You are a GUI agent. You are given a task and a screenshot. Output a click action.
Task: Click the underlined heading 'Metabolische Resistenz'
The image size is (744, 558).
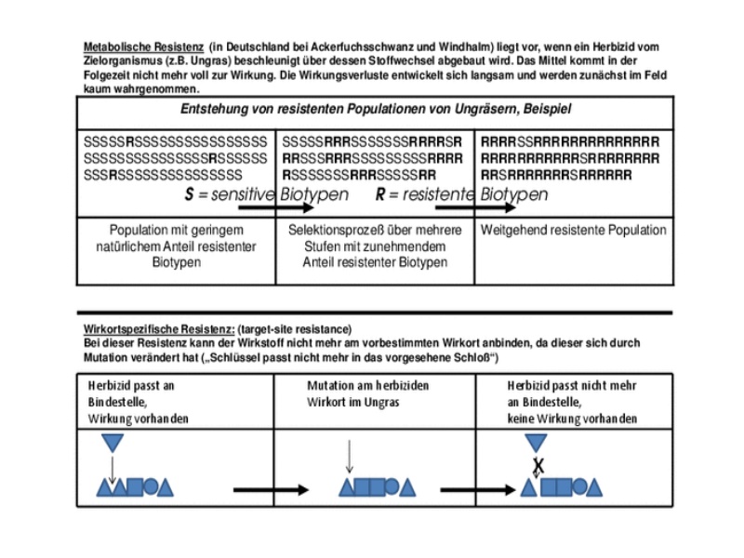tap(143, 46)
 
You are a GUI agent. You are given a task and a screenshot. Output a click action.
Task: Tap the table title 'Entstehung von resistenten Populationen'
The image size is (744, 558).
tap(376, 110)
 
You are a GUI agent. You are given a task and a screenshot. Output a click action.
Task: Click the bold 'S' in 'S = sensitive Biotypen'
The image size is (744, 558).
tap(190, 195)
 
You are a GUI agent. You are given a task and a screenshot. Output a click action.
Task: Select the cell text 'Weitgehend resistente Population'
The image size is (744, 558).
tap(573, 230)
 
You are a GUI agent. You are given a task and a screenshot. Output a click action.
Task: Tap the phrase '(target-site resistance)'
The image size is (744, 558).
tap(295, 329)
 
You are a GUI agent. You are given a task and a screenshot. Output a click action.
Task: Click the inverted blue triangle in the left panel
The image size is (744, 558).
tap(112, 442)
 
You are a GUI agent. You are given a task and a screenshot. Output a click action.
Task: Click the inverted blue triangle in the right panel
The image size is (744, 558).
tap(537, 442)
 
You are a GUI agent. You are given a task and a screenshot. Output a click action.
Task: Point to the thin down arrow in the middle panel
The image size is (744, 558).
tap(349, 456)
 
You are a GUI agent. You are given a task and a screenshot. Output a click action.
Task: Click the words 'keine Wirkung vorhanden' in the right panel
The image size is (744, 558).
tap(572, 419)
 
